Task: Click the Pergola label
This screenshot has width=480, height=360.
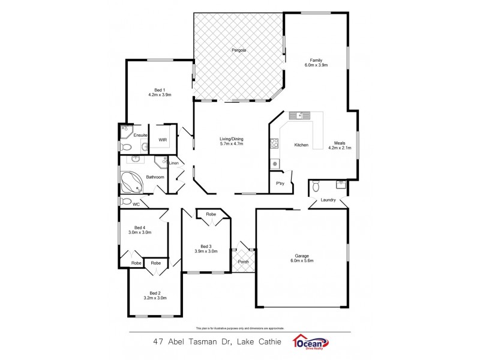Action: [238, 50]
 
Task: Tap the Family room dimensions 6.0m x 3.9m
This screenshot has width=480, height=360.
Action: [316, 65]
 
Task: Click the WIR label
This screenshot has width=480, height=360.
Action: [163, 140]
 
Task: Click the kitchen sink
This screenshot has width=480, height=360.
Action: [298, 115]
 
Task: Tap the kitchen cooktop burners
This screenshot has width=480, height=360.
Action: [275, 143]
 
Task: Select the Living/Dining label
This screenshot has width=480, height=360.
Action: [231, 139]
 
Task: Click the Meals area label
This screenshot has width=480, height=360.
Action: [340, 142]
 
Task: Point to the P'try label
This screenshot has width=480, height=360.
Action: [280, 184]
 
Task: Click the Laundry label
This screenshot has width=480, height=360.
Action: [328, 200]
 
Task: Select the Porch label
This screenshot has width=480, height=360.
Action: [243, 262]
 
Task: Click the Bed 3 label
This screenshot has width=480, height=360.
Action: [206, 246]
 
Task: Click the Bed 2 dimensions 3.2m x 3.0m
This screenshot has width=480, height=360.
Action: [155, 298]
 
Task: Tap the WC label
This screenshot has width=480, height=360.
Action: [136, 204]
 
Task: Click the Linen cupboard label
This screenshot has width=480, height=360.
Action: [173, 163]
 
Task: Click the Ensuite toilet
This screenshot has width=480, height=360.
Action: [127, 147]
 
